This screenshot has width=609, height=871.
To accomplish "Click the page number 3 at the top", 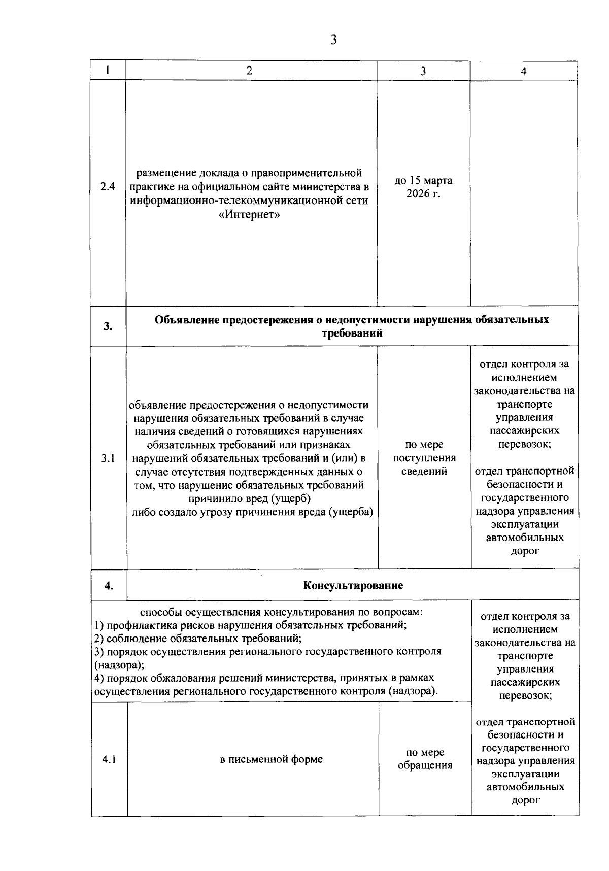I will (333, 40).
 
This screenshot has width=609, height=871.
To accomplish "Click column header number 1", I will (108, 71).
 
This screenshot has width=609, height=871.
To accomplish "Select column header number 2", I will (249, 71).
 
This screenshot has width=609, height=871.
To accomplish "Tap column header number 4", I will (524, 72).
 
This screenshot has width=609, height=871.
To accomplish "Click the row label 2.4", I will (108, 187).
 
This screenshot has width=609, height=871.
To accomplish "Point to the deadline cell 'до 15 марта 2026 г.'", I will (423, 187).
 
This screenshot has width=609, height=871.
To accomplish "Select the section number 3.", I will (108, 326).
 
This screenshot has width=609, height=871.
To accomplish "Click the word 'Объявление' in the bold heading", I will (187, 320).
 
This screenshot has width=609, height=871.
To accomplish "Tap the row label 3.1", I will (108, 458).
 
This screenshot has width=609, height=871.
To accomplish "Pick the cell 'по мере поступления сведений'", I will (424, 458).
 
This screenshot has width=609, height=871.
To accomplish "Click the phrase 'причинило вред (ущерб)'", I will (249, 498).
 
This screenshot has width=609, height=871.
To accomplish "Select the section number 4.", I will (109, 585).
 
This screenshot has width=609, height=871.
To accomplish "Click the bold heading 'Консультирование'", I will (353, 585).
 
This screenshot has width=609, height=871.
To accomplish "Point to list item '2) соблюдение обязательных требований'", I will (199, 639).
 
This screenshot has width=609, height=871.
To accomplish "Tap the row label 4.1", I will (109, 760).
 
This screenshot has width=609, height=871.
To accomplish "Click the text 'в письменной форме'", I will (272, 760).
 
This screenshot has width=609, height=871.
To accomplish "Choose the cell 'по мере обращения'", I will (425, 759).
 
